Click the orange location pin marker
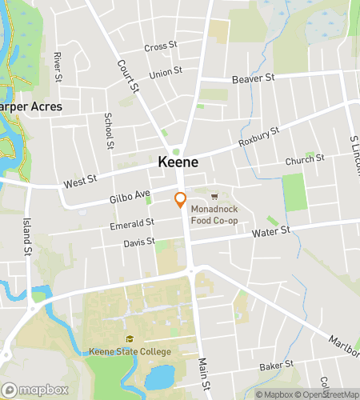[x=181, y=200]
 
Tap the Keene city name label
[x=178, y=162]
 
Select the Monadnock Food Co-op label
[x=214, y=215]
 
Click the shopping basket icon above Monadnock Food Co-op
[x=214, y=197]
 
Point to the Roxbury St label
[x=258, y=137]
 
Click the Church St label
[x=305, y=160]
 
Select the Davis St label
[x=138, y=242]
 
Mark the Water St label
[x=270, y=233]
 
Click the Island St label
[x=26, y=233]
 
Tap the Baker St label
[x=277, y=366]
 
